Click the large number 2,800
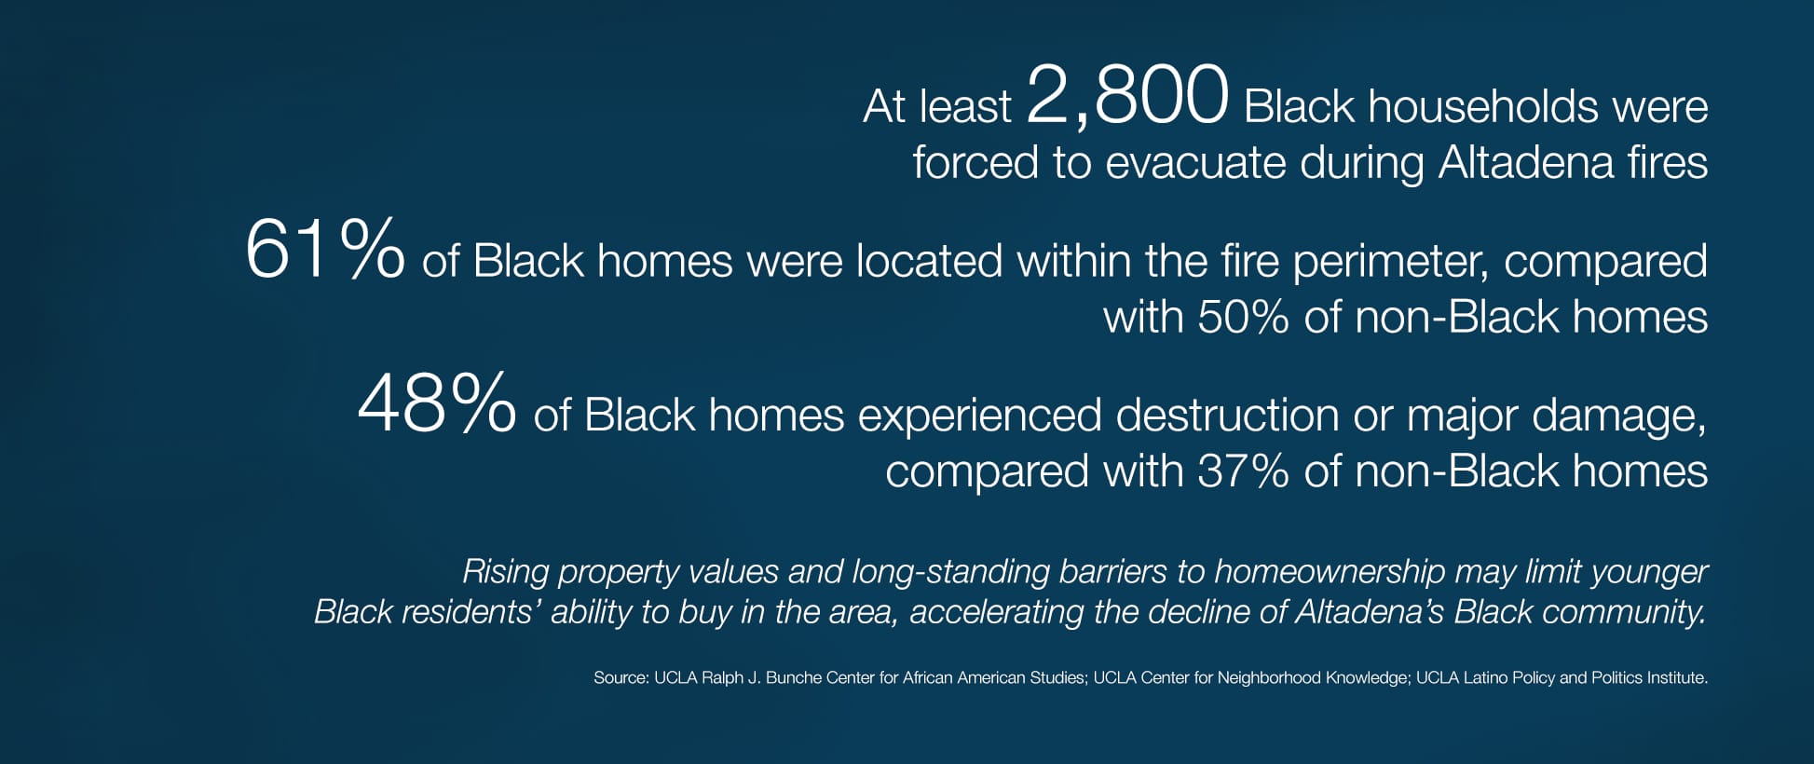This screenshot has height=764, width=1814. point(1127,95)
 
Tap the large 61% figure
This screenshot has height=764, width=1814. point(324,249)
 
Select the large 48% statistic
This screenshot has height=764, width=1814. point(436,402)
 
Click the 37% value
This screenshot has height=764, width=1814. point(1243,471)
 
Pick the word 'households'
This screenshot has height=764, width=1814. point(1483,107)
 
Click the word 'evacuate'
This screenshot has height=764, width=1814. point(1195,163)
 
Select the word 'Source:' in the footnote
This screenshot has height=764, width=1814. point(621,678)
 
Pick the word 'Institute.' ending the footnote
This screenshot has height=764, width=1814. point(1675,678)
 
